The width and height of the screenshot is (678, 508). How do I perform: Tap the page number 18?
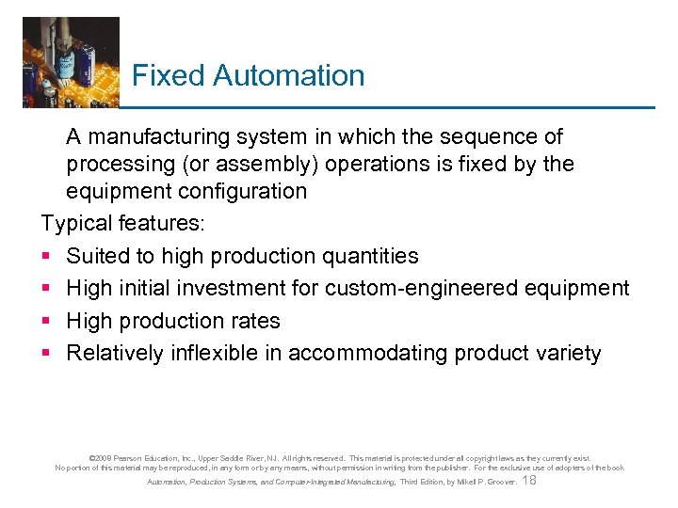528,481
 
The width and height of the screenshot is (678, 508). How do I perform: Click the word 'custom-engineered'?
413,288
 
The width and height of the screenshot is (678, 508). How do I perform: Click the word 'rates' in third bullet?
254,321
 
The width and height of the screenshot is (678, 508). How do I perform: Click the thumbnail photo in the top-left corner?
71,62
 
